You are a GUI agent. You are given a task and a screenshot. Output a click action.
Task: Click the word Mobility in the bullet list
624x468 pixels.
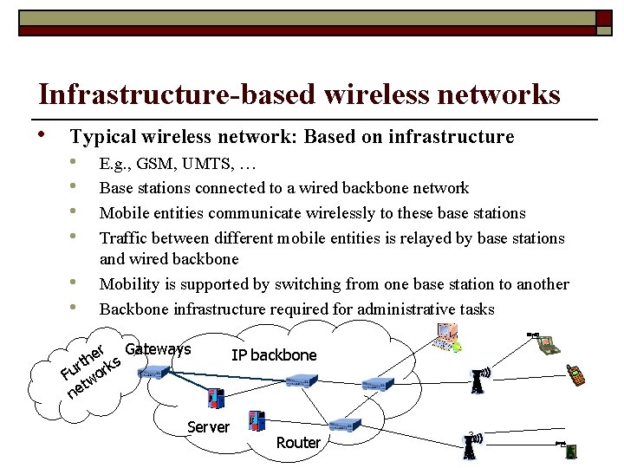click(128, 284)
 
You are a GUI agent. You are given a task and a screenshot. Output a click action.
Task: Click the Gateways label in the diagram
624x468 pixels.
click(158, 349)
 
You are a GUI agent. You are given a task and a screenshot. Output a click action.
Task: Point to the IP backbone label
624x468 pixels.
click(274, 355)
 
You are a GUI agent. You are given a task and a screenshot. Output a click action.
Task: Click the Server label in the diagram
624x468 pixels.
click(209, 426)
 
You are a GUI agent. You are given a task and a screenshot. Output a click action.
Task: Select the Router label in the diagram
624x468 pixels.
click(298, 443)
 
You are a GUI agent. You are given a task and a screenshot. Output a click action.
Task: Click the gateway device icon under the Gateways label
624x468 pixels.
click(153, 372)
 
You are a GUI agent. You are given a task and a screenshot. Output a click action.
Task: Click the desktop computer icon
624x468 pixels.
click(448, 337)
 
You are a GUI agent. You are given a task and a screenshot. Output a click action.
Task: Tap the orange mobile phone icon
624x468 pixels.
click(575, 374)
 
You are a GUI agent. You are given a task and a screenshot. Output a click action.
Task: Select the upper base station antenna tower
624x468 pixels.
click(477, 380)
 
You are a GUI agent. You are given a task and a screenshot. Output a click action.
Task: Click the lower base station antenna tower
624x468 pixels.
click(469, 445)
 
